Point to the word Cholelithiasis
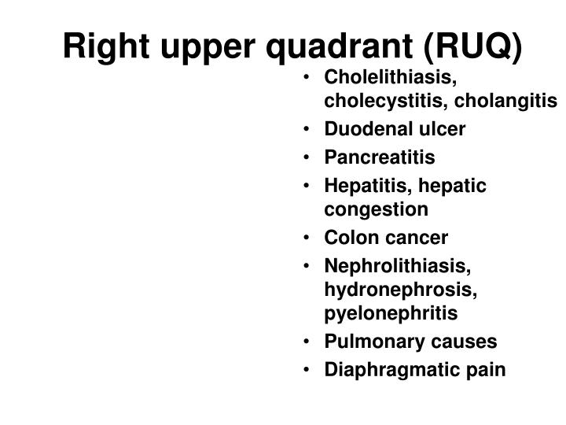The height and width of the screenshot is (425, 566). click(391, 79)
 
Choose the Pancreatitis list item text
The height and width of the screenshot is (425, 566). click(379, 157)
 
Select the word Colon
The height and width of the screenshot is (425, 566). click(347, 237)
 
